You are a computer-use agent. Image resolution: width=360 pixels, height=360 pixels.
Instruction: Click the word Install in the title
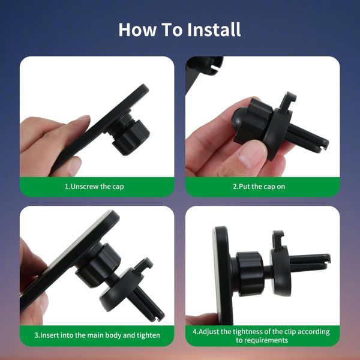pyautogui.click(x=214, y=29)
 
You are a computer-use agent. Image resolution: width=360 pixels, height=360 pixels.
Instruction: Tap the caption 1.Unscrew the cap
pyautogui.click(x=94, y=187)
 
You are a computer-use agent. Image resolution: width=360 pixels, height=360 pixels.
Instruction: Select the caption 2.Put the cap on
pyautogui.click(x=259, y=187)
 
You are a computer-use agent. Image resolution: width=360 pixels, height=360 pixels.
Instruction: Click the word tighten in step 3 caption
pyautogui.click(x=148, y=335)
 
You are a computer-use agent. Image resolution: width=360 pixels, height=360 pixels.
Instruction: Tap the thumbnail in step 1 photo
pyautogui.click(x=75, y=166)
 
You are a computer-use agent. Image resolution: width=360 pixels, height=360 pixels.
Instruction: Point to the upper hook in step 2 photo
pyautogui.click(x=287, y=100)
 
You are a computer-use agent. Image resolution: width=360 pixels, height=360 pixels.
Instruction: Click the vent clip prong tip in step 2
pyautogui.click(x=325, y=144)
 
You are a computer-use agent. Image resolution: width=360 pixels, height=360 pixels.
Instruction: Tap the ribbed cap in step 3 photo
pyautogui.click(x=99, y=266)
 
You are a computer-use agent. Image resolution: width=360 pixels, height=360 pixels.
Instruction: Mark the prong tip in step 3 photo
pyautogui.click(x=160, y=316)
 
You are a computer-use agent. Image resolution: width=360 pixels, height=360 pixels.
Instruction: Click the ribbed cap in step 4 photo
pyautogui.click(x=250, y=274)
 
